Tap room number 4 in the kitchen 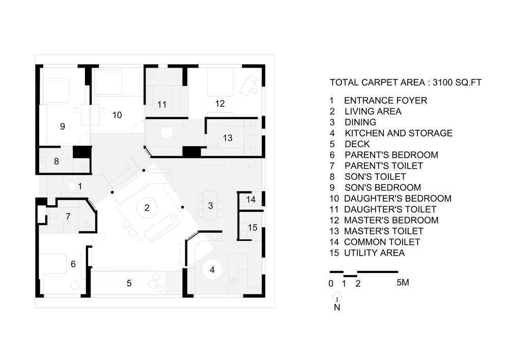212,270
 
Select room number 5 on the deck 129,284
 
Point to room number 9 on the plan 62,127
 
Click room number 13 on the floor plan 228,137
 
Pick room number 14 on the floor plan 250,200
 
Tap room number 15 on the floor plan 252,227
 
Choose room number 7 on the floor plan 68,216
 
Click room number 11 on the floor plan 162,105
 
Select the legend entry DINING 360,122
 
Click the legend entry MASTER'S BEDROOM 391,220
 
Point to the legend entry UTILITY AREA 374,253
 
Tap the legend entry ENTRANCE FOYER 385,101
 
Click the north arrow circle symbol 337,297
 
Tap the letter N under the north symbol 337,307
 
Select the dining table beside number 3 213,205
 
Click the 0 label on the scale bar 331,284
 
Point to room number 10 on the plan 117,115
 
